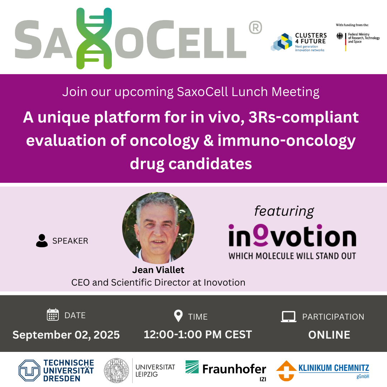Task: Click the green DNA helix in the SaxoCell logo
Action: click(94, 38)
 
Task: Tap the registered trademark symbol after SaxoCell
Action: click(255, 27)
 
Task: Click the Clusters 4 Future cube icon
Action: click(282, 42)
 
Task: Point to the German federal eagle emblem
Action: click(340, 36)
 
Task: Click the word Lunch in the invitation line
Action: click(249, 92)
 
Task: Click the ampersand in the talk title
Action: click(208, 140)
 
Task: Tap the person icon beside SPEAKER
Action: click(42, 241)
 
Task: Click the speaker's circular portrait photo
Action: click(158, 228)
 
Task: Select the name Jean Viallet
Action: click(158, 270)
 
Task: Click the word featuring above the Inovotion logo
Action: click(284, 211)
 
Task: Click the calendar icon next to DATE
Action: click(53, 315)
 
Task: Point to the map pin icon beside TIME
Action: click(178, 316)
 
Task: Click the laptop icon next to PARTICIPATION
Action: click(289, 317)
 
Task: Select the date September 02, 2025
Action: click(66, 335)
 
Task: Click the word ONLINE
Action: click(329, 335)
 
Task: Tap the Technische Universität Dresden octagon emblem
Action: click(29, 371)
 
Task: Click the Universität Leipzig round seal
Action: click(116, 371)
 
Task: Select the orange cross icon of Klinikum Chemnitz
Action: click(286, 371)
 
